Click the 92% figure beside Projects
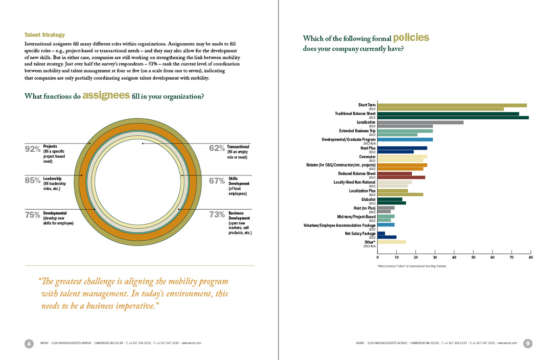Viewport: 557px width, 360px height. click(x=32, y=149)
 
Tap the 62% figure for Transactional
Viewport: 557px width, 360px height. click(x=217, y=148)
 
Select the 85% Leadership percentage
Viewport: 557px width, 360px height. click(x=32, y=181)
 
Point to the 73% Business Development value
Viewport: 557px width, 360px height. click(x=217, y=214)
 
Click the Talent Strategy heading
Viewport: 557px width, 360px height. click(x=45, y=35)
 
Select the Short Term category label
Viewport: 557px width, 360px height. click(x=367, y=105)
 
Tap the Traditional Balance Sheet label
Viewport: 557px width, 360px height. click(x=355, y=113)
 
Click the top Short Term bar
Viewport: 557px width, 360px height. click(x=452, y=105)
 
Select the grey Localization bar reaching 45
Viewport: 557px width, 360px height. click(x=421, y=122)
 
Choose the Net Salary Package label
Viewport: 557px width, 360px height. click(x=361, y=233)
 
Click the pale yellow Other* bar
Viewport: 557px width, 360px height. click(x=392, y=242)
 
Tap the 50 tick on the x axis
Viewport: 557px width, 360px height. click(x=473, y=257)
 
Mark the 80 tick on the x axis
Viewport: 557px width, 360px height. click(x=531, y=257)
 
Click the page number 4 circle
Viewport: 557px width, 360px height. click(x=29, y=343)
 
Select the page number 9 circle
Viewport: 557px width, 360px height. click(x=528, y=343)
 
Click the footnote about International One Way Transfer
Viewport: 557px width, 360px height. click(x=409, y=266)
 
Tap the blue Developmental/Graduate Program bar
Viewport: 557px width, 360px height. click(x=405, y=139)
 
